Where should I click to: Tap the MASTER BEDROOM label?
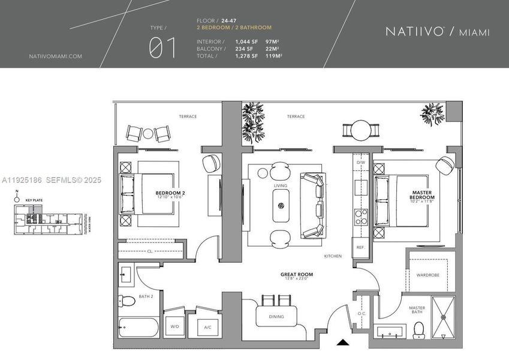pos(422,195)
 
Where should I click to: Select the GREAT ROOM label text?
pos(297,275)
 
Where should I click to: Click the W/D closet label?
pos(174,327)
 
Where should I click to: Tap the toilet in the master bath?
pos(419,329)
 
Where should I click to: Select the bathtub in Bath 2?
pos(138,329)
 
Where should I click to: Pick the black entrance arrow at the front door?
pos(342,343)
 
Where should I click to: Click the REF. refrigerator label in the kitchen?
pos(360,247)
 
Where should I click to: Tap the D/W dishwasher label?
pos(360,163)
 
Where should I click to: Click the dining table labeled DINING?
pos(276,316)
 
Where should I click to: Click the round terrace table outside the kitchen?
pos(361,130)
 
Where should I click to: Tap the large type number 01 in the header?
pos(162,48)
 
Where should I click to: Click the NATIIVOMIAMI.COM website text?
pos(55,56)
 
